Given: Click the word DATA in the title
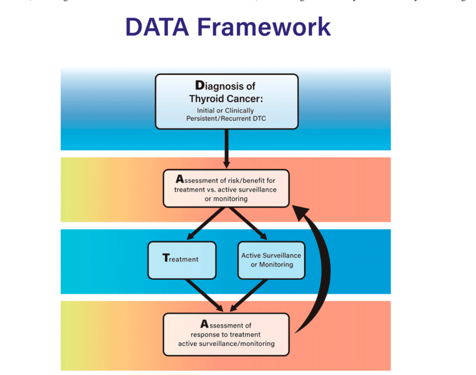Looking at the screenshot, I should (157, 27).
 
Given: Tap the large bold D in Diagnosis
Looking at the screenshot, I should (199, 86).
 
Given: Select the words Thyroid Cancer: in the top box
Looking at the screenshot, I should (226, 99).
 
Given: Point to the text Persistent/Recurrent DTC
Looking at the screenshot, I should (226, 118).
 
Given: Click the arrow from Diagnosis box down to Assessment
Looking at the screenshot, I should (226, 147).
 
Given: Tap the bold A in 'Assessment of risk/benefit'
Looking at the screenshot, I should (179, 179).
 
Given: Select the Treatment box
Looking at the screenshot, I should (182, 260).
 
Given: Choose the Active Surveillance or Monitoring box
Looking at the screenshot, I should (271, 260).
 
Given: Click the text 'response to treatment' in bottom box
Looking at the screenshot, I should (226, 335).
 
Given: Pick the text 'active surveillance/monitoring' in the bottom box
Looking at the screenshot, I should (226, 344).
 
